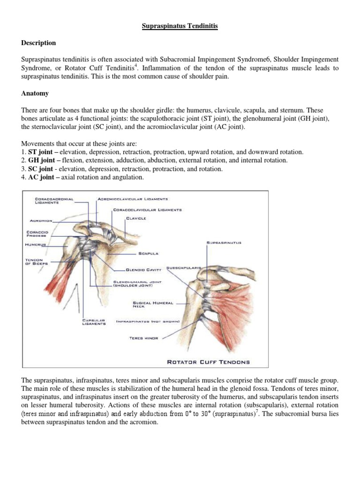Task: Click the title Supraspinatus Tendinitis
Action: [180, 27]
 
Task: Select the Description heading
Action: [38, 43]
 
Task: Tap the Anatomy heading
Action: [35, 93]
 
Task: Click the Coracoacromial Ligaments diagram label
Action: [54, 201]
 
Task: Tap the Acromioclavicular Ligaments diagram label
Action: [132, 199]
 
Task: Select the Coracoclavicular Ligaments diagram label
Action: [147, 210]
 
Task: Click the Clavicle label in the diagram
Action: [136, 218]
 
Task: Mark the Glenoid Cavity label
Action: [144, 270]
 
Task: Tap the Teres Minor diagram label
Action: [144, 337]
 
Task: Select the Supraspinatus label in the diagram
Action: [224, 242]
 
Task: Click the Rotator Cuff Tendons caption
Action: [209, 362]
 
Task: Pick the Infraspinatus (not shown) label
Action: [148, 322]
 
